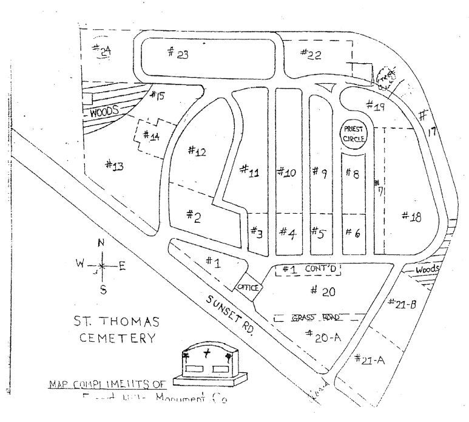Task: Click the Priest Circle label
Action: [x=354, y=133]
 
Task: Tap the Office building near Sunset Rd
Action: [x=248, y=287]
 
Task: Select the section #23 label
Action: [x=178, y=53]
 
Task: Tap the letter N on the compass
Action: [x=101, y=243]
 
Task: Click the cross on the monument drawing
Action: [x=208, y=355]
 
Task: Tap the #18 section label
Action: [x=411, y=216]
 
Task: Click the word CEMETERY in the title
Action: [x=117, y=338]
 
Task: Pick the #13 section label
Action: [x=115, y=165]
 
